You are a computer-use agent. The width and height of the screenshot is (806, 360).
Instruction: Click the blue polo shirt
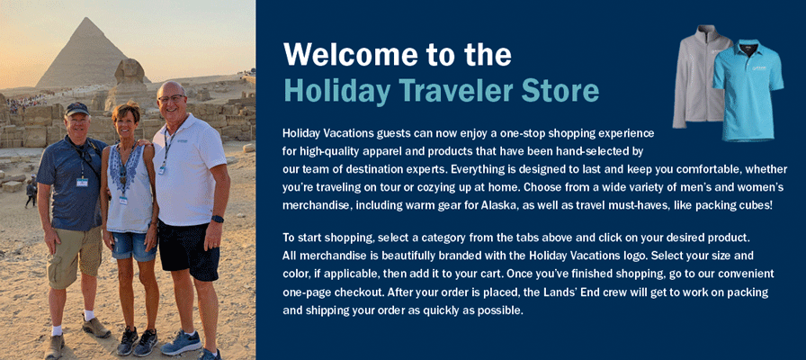click(x=748, y=90)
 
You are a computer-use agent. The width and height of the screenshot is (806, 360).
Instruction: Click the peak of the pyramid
click(x=87, y=19)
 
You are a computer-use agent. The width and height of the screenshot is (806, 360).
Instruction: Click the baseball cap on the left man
click(x=76, y=109)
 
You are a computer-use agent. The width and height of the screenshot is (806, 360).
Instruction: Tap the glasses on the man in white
click(x=170, y=98)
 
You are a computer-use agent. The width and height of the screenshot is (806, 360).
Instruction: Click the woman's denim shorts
click(x=133, y=247)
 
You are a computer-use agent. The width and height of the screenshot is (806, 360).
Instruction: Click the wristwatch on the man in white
click(x=218, y=219)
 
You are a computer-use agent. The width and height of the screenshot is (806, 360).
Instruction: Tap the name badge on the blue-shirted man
click(x=82, y=182)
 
